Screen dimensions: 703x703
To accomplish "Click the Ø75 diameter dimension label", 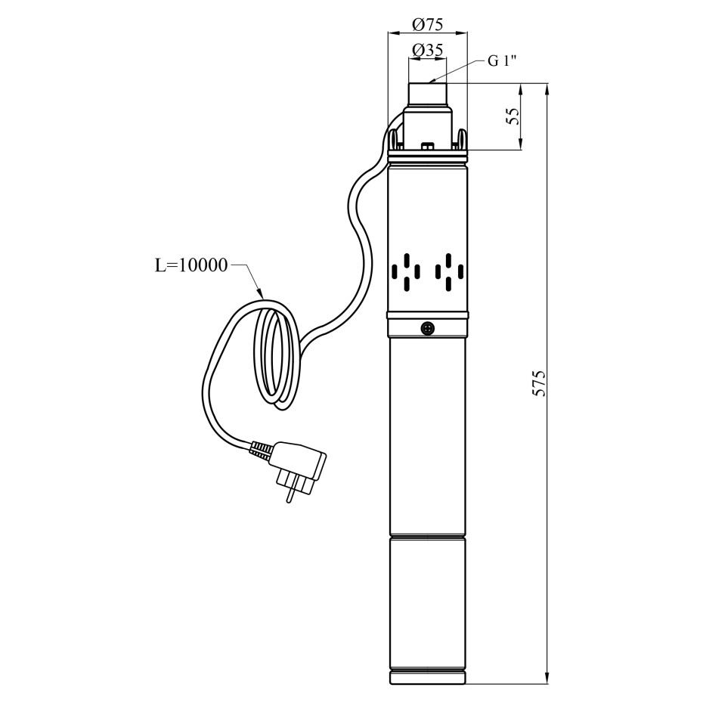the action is [x=428, y=25].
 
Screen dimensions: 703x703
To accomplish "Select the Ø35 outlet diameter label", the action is [x=428, y=50].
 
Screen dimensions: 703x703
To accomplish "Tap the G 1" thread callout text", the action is [x=502, y=61].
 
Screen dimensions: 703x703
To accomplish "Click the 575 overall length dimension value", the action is [x=538, y=383].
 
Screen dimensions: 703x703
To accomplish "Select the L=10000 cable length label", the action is [x=191, y=265].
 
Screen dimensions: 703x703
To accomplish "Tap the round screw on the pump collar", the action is [x=428, y=328].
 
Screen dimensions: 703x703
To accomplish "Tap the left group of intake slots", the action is [x=406, y=272].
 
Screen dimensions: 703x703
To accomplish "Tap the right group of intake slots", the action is [x=448, y=272].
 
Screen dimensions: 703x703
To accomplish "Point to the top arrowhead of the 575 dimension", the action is [x=547, y=90].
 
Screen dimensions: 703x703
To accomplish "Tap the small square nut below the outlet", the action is [x=427, y=146].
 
